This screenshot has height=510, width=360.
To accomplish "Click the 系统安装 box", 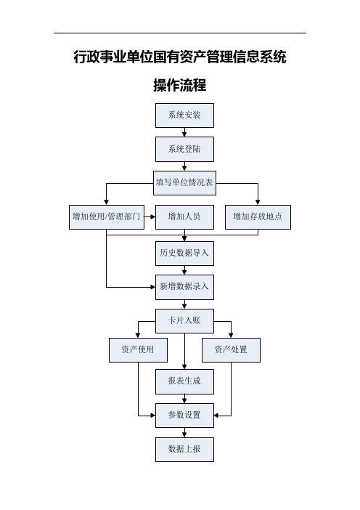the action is click(184, 116).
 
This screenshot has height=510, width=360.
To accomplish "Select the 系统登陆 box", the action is click(184, 149).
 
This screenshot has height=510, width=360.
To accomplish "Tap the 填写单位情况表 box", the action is click(184, 183).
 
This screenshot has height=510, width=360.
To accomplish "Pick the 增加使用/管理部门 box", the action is click(107, 217).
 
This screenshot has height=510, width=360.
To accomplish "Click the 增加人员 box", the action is click(184, 217).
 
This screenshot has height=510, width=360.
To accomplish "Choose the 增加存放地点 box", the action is click(258, 217).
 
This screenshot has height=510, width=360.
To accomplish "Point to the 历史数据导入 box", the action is click(184, 254).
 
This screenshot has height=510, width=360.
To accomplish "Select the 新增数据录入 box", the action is click(184, 287).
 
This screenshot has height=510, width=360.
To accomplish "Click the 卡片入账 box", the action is click(184, 321).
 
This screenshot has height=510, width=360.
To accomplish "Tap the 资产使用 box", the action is click(138, 350).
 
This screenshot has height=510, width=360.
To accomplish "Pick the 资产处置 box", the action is click(231, 350).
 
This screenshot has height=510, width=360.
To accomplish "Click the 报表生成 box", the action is click(184, 381).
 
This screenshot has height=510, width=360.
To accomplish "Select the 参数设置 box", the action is click(184, 416).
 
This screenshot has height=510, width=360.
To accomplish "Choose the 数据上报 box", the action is click(184, 450).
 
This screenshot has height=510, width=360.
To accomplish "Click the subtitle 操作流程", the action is click(180, 85).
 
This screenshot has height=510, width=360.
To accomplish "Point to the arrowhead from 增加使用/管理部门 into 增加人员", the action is click(153, 217).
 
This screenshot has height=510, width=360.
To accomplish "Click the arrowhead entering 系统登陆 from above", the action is click(184, 134).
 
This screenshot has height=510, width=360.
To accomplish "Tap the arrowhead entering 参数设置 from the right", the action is click(217, 416).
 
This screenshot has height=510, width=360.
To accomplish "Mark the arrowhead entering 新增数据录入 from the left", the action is click(153, 287).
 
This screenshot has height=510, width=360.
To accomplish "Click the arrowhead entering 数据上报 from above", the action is click(184, 435).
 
